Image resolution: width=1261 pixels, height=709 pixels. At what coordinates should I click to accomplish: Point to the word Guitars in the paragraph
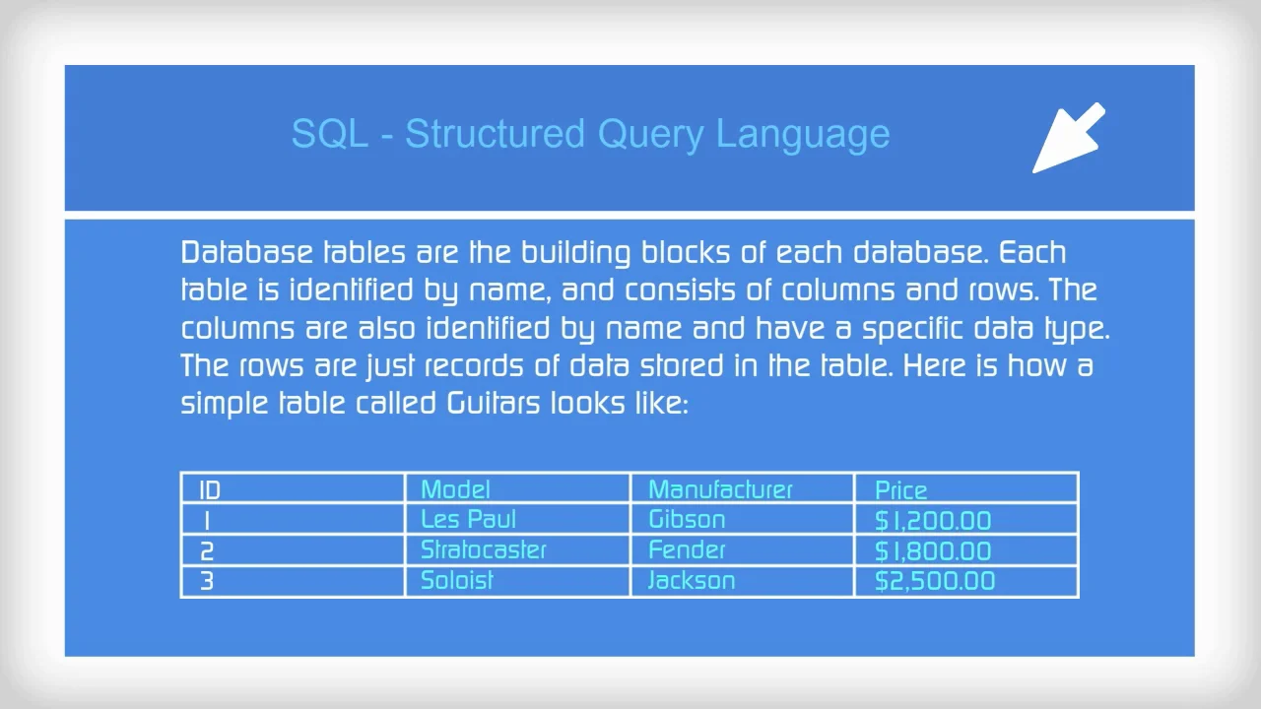[494, 404]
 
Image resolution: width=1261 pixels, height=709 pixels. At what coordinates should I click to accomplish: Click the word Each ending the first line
[1032, 253]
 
